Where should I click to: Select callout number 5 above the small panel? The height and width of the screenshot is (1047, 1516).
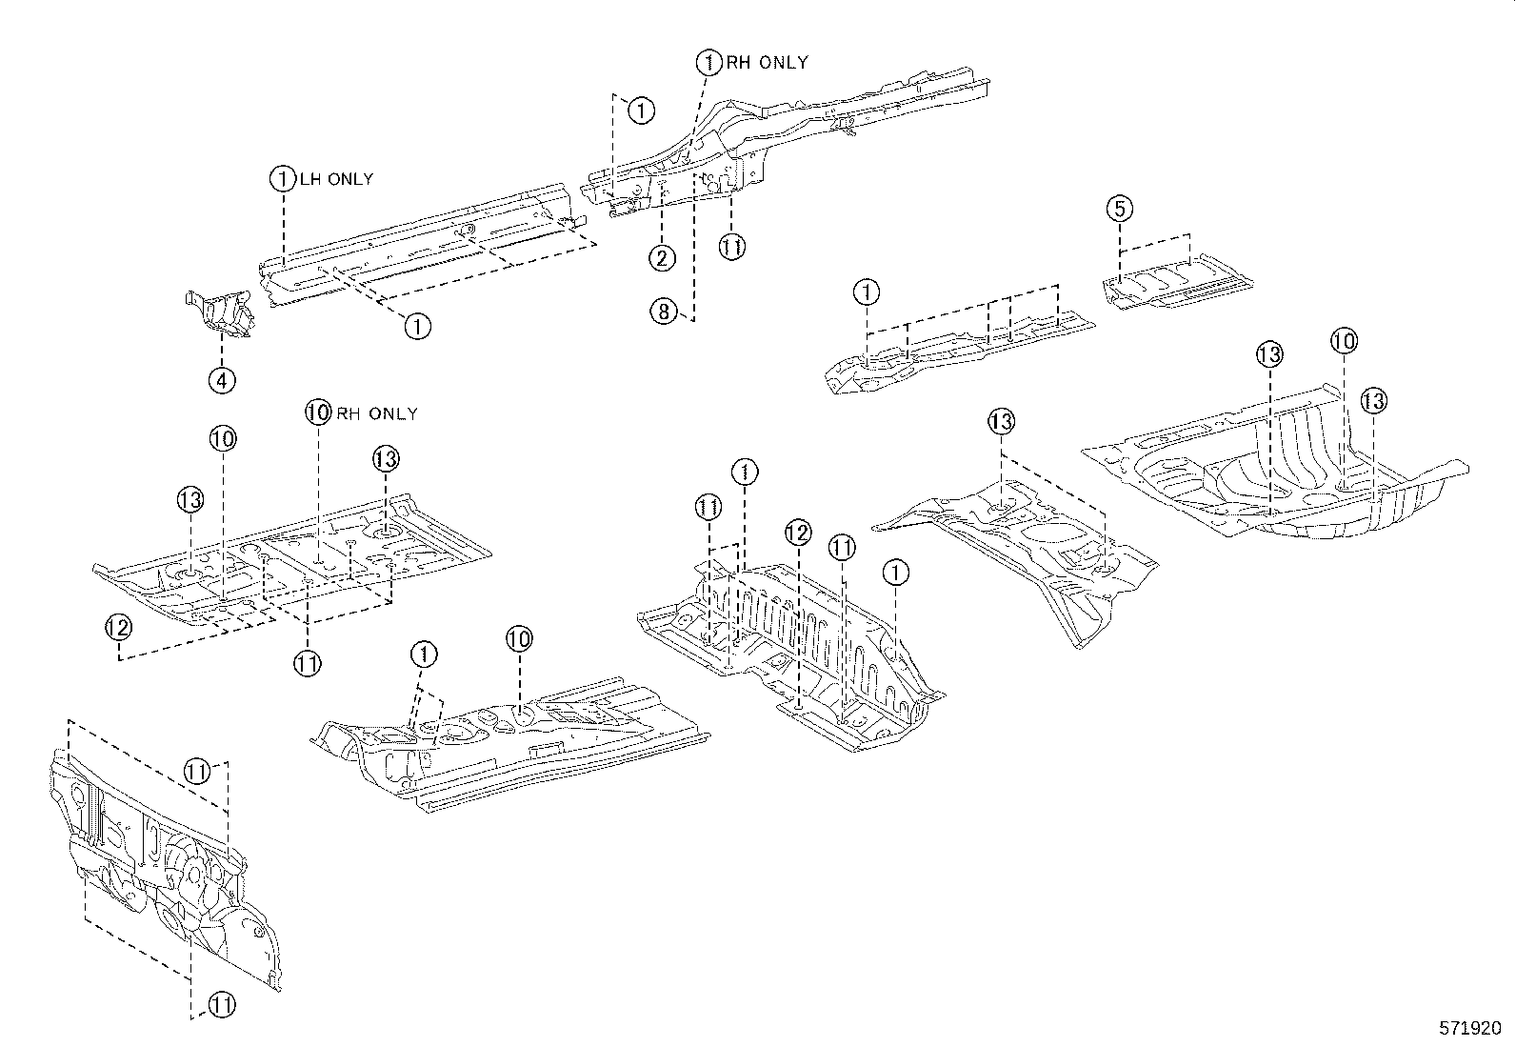point(1120,208)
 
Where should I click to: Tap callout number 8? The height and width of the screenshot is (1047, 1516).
point(664,310)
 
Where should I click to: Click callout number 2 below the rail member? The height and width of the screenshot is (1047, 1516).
point(663,257)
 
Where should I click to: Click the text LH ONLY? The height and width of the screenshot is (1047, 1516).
point(336,179)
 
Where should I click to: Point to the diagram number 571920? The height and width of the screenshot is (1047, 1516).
point(1469,1029)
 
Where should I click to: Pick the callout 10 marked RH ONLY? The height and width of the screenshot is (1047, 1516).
point(318,413)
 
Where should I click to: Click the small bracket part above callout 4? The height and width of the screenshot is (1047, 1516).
point(220,314)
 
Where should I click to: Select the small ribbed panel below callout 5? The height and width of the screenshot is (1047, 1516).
point(1176,284)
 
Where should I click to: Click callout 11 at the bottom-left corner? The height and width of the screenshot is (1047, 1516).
point(221,1003)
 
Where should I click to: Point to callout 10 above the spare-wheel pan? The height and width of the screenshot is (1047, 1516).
point(1344,341)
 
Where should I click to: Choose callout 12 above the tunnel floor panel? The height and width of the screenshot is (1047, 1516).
point(798,533)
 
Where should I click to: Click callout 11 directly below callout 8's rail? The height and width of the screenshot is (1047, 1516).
point(730,247)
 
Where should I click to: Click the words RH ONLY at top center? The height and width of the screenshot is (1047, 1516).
point(767,63)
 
